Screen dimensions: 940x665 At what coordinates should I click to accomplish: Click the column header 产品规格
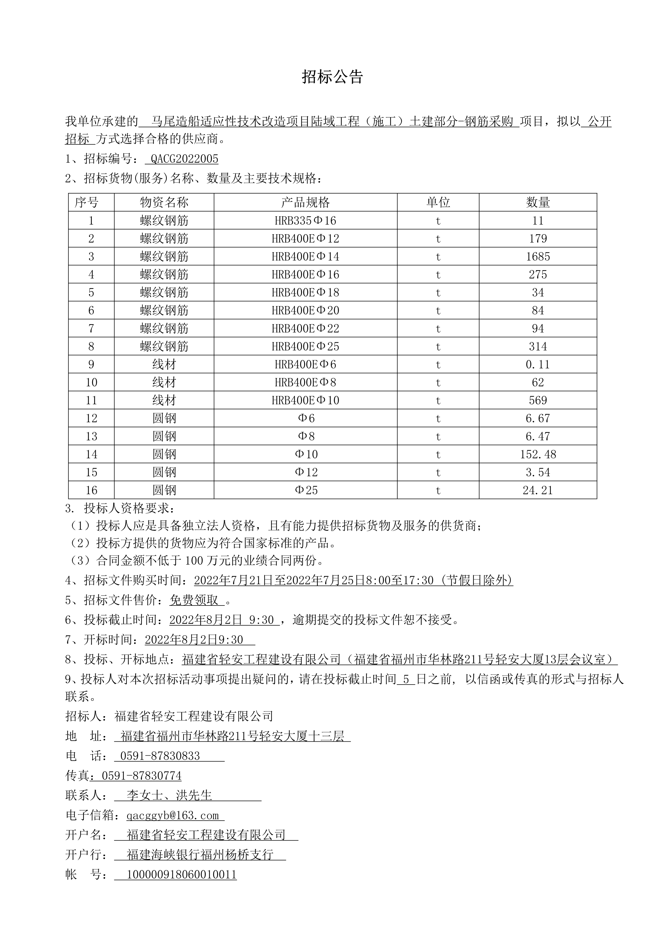tap(305, 202)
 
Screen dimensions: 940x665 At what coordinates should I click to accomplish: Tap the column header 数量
tap(538, 202)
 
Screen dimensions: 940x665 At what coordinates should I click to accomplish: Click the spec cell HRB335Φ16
tap(305, 221)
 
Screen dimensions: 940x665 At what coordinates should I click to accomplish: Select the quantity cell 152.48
tap(538, 454)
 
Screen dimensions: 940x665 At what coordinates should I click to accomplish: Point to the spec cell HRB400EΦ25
tap(305, 346)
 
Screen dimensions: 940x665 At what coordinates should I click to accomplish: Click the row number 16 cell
tap(91, 490)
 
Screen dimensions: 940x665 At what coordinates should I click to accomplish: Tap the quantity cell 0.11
tap(538, 364)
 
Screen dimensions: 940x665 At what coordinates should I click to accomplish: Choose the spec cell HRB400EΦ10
tap(305, 400)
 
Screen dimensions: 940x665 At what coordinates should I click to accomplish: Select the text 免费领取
tap(194, 600)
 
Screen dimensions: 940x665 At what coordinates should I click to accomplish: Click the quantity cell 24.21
tap(538, 490)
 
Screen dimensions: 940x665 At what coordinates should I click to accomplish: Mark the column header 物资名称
tap(164, 202)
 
